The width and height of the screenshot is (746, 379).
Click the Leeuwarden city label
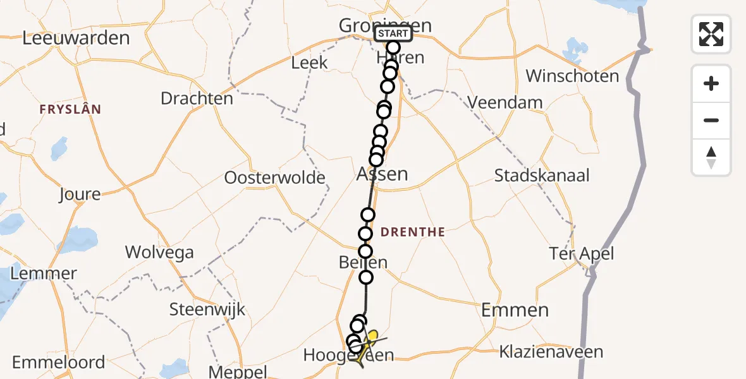click(76, 38)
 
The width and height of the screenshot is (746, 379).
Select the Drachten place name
click(197, 99)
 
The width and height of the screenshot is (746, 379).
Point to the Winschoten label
click(572, 76)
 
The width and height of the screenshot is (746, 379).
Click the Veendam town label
click(505, 102)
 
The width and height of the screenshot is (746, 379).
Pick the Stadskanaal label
click(542, 176)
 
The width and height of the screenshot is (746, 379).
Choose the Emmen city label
click(515, 310)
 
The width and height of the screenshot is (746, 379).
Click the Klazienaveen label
click(551, 352)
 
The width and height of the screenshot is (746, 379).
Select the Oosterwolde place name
click(274, 178)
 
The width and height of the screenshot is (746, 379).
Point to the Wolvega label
click(159, 253)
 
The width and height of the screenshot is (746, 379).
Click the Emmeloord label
click(59, 363)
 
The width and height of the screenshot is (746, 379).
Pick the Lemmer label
click(44, 274)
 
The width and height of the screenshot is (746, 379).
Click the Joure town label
click(80, 194)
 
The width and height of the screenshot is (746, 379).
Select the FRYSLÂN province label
click(70, 109)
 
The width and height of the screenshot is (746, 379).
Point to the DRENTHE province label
click(414, 232)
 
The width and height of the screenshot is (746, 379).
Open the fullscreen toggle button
click(711, 34)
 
